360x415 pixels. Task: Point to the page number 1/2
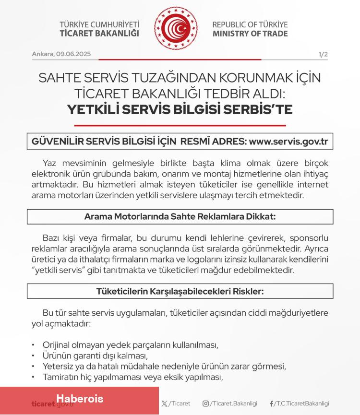click(323, 54)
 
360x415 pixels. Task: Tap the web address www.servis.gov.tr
click(288, 142)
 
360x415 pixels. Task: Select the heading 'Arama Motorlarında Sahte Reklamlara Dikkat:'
click(180, 216)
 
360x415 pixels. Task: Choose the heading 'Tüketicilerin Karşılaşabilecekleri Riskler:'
click(180, 291)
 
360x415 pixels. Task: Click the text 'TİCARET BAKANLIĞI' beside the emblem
click(99, 34)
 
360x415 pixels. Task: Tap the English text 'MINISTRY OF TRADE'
click(250, 34)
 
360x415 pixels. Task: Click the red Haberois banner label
click(80, 399)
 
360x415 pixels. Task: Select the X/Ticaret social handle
click(176, 403)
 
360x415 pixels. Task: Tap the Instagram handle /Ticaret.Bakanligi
click(230, 403)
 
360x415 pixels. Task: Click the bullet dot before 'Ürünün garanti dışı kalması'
click(33, 356)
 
